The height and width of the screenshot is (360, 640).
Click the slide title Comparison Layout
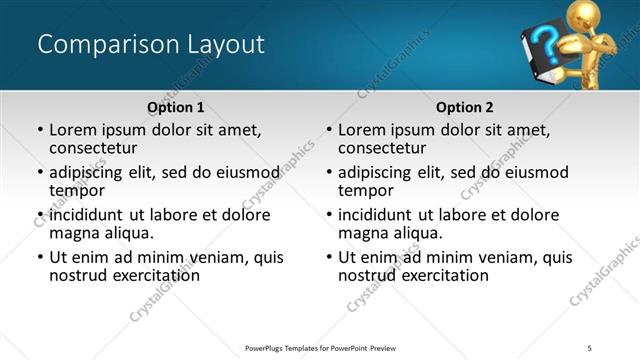click(x=150, y=45)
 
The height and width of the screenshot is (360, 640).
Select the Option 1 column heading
click(x=175, y=107)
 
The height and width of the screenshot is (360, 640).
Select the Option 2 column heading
click(x=464, y=107)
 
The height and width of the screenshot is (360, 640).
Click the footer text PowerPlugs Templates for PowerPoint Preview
click(x=320, y=347)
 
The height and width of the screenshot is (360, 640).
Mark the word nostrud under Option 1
click(x=80, y=275)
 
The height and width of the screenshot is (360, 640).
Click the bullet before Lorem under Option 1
click(x=40, y=130)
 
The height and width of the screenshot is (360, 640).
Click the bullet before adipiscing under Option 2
click(x=329, y=172)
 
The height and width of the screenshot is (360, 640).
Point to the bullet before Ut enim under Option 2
click(x=329, y=257)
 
